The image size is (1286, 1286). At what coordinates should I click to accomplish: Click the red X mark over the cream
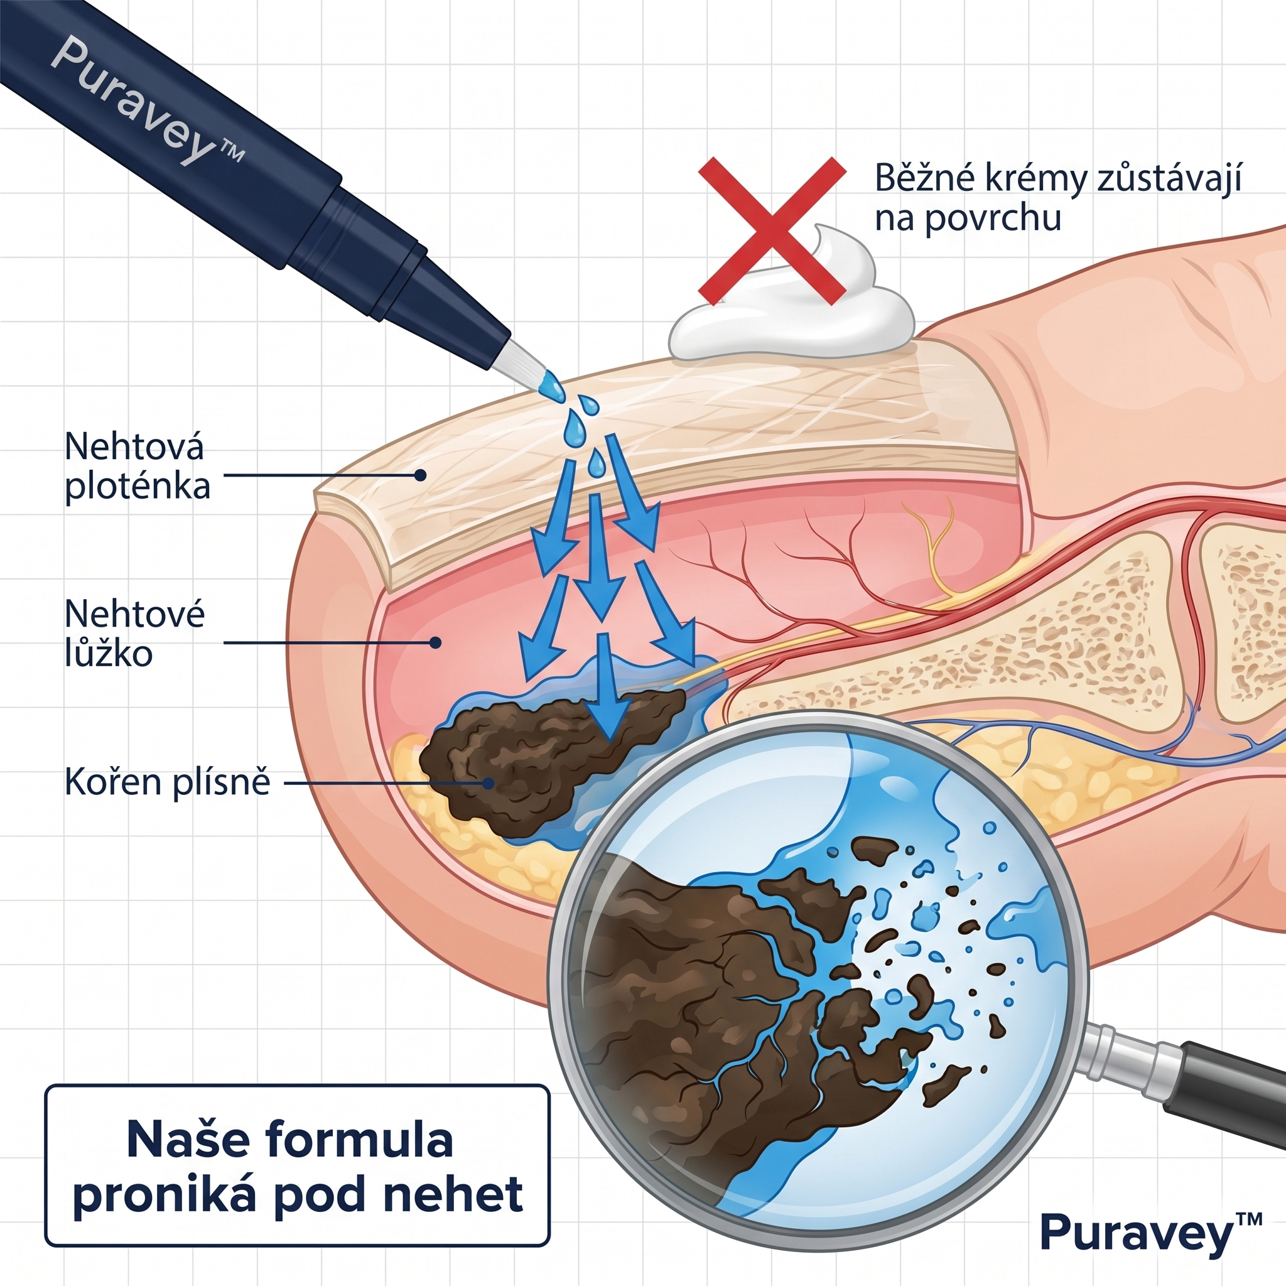(772, 230)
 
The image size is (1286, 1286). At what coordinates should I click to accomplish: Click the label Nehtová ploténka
(137, 466)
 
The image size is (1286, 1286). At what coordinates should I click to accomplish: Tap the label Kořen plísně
(167, 783)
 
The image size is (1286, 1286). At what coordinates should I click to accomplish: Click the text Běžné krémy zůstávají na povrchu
(1057, 198)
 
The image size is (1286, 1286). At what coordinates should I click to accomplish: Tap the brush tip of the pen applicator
(526, 364)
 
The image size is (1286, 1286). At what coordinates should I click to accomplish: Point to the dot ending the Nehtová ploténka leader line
(420, 475)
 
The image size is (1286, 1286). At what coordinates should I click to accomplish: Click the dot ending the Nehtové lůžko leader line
(435, 642)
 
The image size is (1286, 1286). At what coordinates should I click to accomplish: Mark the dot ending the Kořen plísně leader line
(489, 784)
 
